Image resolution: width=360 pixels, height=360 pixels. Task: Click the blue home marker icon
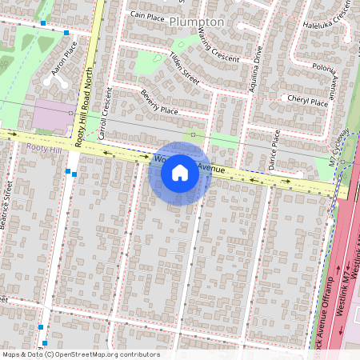click(180, 174)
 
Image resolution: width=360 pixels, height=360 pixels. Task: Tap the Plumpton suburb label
click(197, 22)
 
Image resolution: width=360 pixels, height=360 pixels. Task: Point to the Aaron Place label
click(64, 61)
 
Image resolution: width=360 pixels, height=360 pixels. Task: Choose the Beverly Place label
click(158, 102)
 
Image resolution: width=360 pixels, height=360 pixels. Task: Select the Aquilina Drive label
click(256, 70)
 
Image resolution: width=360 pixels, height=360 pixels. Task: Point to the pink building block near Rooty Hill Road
click(51, 117)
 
